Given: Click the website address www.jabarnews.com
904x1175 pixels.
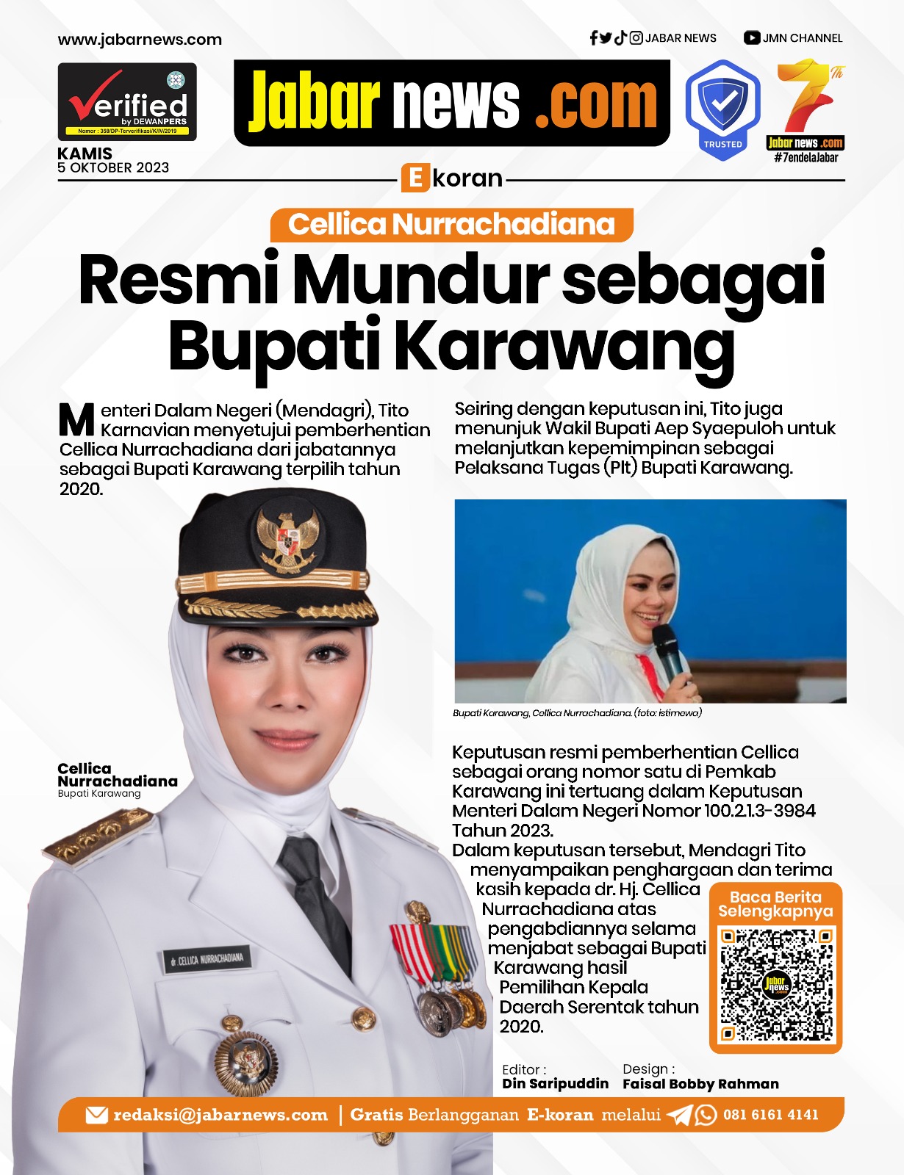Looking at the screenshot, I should (140, 40).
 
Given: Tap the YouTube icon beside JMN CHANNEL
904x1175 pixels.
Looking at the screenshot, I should (751, 38).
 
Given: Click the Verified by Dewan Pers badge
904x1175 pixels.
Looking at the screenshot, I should (127, 102).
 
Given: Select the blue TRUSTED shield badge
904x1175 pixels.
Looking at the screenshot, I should (722, 108).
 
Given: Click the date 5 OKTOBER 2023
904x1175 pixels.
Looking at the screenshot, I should (113, 168).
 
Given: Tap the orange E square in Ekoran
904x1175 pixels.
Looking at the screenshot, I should (415, 178).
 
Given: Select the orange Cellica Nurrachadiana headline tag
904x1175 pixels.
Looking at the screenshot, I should (451, 225).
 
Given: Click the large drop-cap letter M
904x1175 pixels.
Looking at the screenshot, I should (76, 420).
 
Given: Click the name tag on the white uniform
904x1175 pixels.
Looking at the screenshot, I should (208, 959).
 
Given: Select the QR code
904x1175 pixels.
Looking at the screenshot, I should (776, 985).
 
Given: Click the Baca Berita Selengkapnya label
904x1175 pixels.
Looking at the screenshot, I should (775, 904).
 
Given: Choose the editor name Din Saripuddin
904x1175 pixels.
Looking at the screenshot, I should (555, 1084).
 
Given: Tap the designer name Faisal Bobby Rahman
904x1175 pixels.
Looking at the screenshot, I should (700, 1084).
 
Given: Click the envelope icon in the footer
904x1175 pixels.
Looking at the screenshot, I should (96, 1116).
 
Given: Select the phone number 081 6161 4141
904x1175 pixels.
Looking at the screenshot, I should (770, 1115).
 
